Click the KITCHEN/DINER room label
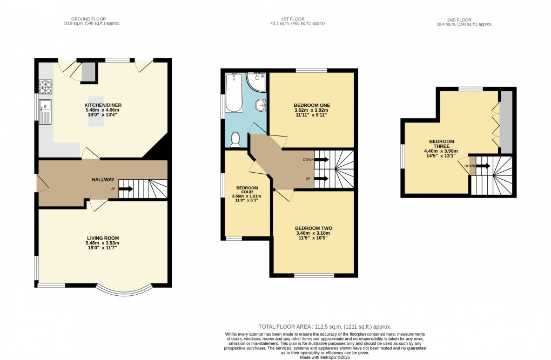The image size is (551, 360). (x=103, y=105)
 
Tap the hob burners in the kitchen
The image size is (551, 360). (x=45, y=86)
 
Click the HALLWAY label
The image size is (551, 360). (x=102, y=180)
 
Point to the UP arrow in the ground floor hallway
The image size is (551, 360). (x=125, y=189)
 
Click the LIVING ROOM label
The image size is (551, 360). (x=103, y=238)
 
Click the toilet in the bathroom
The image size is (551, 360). (x=235, y=140)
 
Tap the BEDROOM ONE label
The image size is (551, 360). (x=312, y=105)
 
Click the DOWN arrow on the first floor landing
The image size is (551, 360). (x=321, y=160)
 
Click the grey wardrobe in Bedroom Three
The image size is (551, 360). (x=506, y=122)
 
